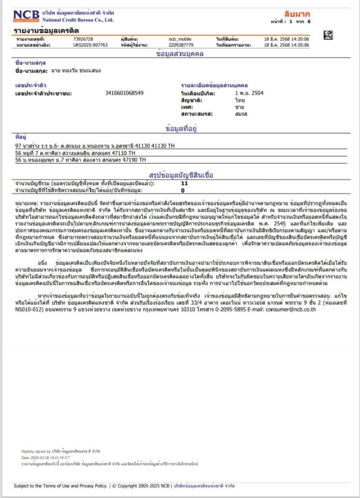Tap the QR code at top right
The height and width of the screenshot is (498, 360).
[328, 35]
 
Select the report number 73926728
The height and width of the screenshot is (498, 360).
[83, 38]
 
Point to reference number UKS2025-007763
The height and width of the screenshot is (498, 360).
[90, 45]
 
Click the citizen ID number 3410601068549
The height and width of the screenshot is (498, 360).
[125, 93]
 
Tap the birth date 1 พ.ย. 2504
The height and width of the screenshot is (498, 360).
[249, 93]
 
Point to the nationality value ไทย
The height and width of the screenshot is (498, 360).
[239, 100]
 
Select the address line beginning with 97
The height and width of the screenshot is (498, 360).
[95, 146]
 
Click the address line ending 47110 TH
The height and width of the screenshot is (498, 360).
[75, 153]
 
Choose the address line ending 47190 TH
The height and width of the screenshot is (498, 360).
[80, 160]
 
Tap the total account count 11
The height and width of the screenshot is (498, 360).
[184, 183]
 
